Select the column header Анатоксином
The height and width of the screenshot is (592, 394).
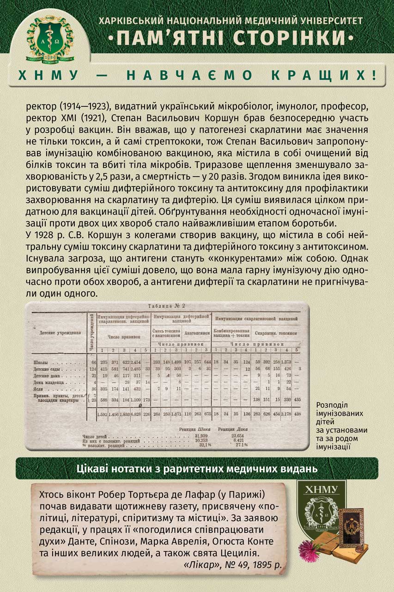[197, 333]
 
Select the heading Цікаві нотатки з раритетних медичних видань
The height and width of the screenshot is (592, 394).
[197, 469]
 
